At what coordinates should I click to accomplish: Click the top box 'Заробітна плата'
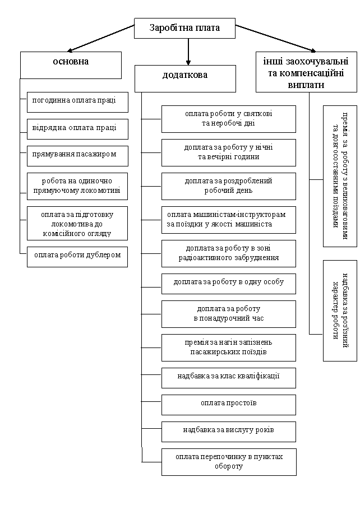point(184,29)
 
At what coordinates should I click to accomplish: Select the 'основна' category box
point(71,65)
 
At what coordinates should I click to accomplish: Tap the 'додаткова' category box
point(185,78)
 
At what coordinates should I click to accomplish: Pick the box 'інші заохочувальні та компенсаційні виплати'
point(307,72)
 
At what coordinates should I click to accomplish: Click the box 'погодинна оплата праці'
point(77,102)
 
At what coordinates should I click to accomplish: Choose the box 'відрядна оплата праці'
point(77,129)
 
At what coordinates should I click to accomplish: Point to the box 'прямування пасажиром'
point(77,156)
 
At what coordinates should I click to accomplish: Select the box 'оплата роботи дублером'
point(77,257)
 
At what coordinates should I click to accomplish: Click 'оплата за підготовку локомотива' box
point(77,224)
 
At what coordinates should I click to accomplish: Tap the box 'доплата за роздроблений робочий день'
point(229,186)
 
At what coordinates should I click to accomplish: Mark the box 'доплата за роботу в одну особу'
point(229,284)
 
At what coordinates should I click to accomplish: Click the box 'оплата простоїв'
point(229,405)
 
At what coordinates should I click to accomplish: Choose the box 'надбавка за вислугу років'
point(229,432)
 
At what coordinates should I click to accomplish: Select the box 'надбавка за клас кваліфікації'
point(229,378)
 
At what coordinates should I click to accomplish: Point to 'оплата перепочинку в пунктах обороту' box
point(229,462)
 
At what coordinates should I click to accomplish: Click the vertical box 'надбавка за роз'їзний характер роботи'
point(340,311)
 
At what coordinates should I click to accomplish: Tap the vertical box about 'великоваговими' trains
point(340,176)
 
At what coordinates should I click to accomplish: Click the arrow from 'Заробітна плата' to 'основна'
point(101,38)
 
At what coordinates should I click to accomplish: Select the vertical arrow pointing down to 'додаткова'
point(188,52)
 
